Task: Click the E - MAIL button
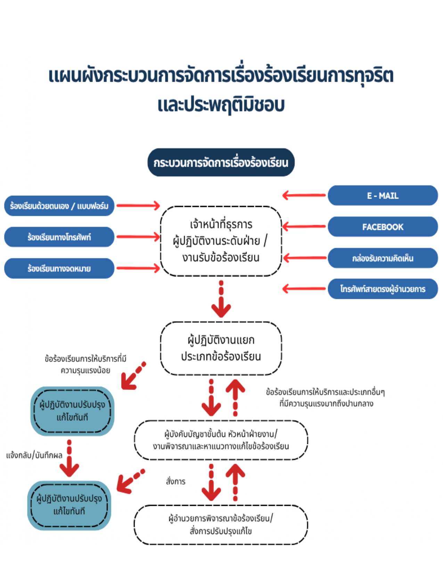tap(383, 196)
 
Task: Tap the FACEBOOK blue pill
tap(383, 227)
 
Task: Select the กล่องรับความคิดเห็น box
tap(383, 258)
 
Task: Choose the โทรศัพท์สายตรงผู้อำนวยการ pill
tap(383, 289)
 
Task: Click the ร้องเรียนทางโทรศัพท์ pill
tap(59, 237)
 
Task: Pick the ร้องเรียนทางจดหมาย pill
tap(59, 268)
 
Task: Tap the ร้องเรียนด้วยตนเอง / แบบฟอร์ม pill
tap(59, 206)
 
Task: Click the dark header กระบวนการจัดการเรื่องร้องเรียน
tap(221, 162)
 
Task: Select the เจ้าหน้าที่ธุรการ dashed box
tap(221, 241)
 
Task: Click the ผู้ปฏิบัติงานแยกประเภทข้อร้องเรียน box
tap(221, 348)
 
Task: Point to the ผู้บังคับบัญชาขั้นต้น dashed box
tap(221, 440)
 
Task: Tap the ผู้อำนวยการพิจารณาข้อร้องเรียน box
tap(221, 525)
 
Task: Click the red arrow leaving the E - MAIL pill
tap(304, 195)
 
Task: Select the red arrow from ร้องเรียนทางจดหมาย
tap(138, 268)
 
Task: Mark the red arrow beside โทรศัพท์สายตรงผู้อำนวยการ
tap(304, 288)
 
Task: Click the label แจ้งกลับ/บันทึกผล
tap(34, 455)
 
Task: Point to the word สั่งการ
tap(176, 481)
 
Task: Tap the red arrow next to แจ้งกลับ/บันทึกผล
tap(69, 459)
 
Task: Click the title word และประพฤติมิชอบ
tap(221, 105)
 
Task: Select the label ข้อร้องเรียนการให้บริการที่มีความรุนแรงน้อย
tap(85, 364)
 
